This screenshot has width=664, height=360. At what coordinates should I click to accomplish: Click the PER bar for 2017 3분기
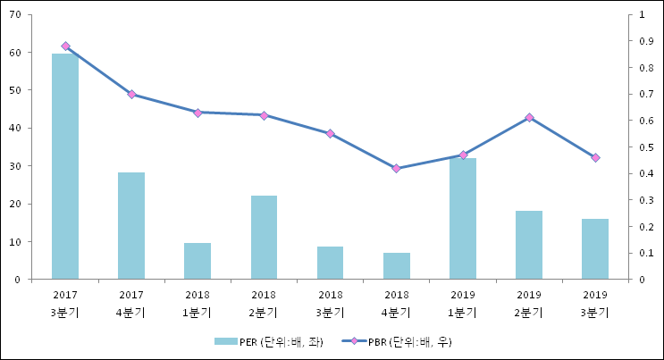[x=65, y=166]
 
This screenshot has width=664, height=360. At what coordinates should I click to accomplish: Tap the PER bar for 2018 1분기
[x=198, y=261]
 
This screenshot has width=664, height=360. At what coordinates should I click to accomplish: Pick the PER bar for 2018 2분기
[x=264, y=238]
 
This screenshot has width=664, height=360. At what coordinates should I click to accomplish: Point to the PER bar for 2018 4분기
[x=397, y=266]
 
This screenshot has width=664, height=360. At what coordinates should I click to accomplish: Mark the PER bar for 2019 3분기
[x=595, y=249]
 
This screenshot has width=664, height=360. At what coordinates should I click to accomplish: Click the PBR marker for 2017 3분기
[x=65, y=46]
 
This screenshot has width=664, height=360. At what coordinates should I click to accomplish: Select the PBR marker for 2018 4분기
[x=397, y=168]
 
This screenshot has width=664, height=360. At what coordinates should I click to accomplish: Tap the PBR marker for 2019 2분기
[x=529, y=118]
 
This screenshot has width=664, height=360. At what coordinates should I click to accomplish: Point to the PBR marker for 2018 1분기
[x=198, y=113]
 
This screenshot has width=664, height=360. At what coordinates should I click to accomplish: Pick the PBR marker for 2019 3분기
[x=595, y=158]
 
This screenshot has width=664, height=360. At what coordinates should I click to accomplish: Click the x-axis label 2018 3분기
[x=330, y=303]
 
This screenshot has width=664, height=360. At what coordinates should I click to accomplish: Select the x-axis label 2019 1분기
[x=463, y=303]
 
